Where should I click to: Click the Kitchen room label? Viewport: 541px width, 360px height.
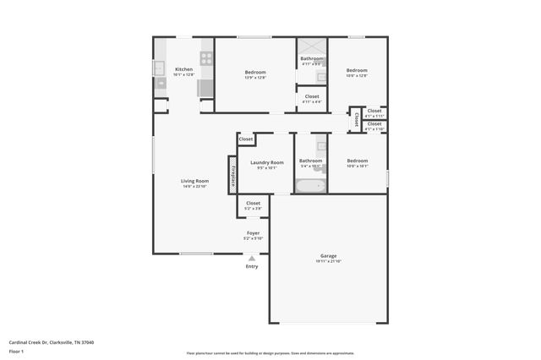pyautogui.click(x=183, y=69)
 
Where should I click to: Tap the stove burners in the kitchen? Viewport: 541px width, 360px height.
pyautogui.click(x=206, y=59)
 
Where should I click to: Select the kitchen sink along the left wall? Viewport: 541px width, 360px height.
pyautogui.click(x=159, y=68)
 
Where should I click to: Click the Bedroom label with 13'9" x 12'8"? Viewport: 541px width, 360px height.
pyautogui.click(x=255, y=72)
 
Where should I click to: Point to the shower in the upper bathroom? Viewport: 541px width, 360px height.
pyautogui.click(x=312, y=46)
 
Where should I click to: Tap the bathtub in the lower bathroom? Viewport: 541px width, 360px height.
pyautogui.click(x=310, y=186)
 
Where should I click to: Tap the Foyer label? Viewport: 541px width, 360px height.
pyautogui.click(x=253, y=232)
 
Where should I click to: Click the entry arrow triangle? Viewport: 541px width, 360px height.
pyautogui.click(x=252, y=258)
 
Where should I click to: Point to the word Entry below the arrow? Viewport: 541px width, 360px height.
pyautogui.click(x=252, y=267)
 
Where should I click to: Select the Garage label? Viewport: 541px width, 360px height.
pyautogui.click(x=329, y=255)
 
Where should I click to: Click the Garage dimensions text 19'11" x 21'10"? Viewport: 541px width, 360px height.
pyautogui.click(x=329, y=261)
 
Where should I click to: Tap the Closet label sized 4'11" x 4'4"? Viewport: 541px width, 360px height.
pyautogui.click(x=312, y=97)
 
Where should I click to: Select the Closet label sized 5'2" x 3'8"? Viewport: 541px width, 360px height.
pyautogui.click(x=253, y=203)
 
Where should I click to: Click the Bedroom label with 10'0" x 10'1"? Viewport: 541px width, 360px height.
pyautogui.click(x=357, y=161)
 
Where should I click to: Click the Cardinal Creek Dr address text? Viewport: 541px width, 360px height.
pyautogui.click(x=52, y=342)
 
